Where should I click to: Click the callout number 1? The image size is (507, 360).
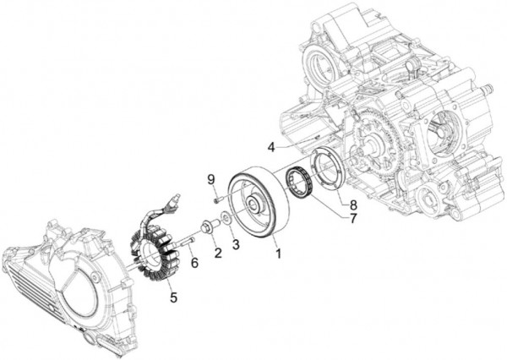(275, 252)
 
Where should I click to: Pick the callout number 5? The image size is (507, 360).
(174, 297)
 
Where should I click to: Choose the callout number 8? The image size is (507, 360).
(353, 204)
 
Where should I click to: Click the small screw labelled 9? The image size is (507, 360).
(217, 199)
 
